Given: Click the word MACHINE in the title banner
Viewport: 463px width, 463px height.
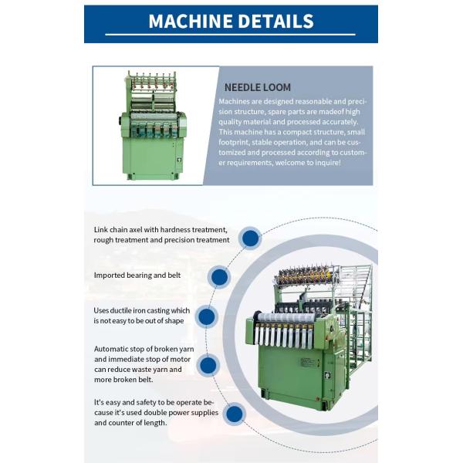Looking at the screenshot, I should pyautogui.click(x=192, y=21).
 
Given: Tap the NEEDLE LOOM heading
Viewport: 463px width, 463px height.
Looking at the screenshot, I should pyautogui.click(x=257, y=87).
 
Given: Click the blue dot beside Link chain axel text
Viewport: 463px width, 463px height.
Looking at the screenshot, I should pyautogui.click(x=249, y=238).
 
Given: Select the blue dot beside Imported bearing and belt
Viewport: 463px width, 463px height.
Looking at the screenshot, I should pyautogui.click(x=219, y=277).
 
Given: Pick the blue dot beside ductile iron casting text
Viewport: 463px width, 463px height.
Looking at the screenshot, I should pyautogui.click(x=205, y=316).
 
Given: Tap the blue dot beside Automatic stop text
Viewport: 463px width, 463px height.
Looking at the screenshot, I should pyautogui.click(x=207, y=365).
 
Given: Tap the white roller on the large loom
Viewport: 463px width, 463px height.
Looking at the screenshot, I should pyautogui.click(x=286, y=317).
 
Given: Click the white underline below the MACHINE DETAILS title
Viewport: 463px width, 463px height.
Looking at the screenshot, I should pyautogui.click(x=231, y=35).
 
